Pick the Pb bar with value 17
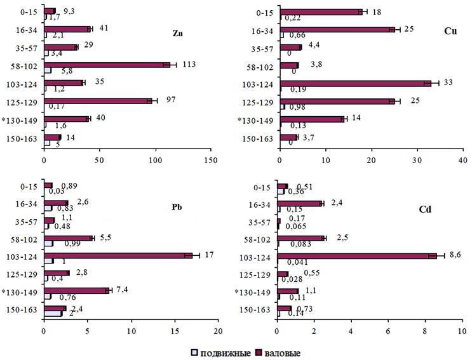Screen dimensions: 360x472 pos(118,255)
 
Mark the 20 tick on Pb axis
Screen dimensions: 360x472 pos(218,331)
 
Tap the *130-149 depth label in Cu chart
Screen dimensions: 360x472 pos(255,121)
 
